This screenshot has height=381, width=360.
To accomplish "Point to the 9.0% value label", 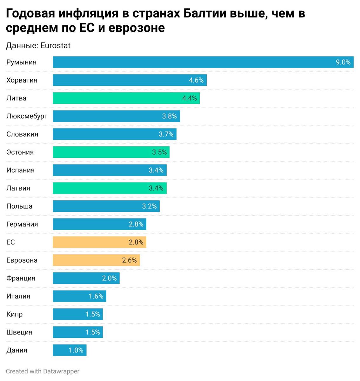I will tap(343, 62).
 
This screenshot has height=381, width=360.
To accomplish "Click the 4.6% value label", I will tap(196, 80).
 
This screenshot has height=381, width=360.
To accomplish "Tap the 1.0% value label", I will tap(76, 351).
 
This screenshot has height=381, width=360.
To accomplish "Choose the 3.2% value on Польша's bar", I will tap(149, 206).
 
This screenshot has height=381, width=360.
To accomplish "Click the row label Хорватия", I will tap(22, 80).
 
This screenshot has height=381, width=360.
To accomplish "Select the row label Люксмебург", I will tap(27, 116).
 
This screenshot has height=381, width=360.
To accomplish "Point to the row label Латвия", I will tap(18, 188).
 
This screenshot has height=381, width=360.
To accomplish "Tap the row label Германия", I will tap(22, 224).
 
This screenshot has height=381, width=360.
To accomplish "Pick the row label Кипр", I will tap(14, 314).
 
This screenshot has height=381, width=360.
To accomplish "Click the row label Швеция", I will tap(19, 332).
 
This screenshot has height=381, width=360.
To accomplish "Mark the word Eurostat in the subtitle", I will tap(56, 46).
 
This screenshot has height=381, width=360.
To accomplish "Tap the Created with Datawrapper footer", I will tap(43, 371).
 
